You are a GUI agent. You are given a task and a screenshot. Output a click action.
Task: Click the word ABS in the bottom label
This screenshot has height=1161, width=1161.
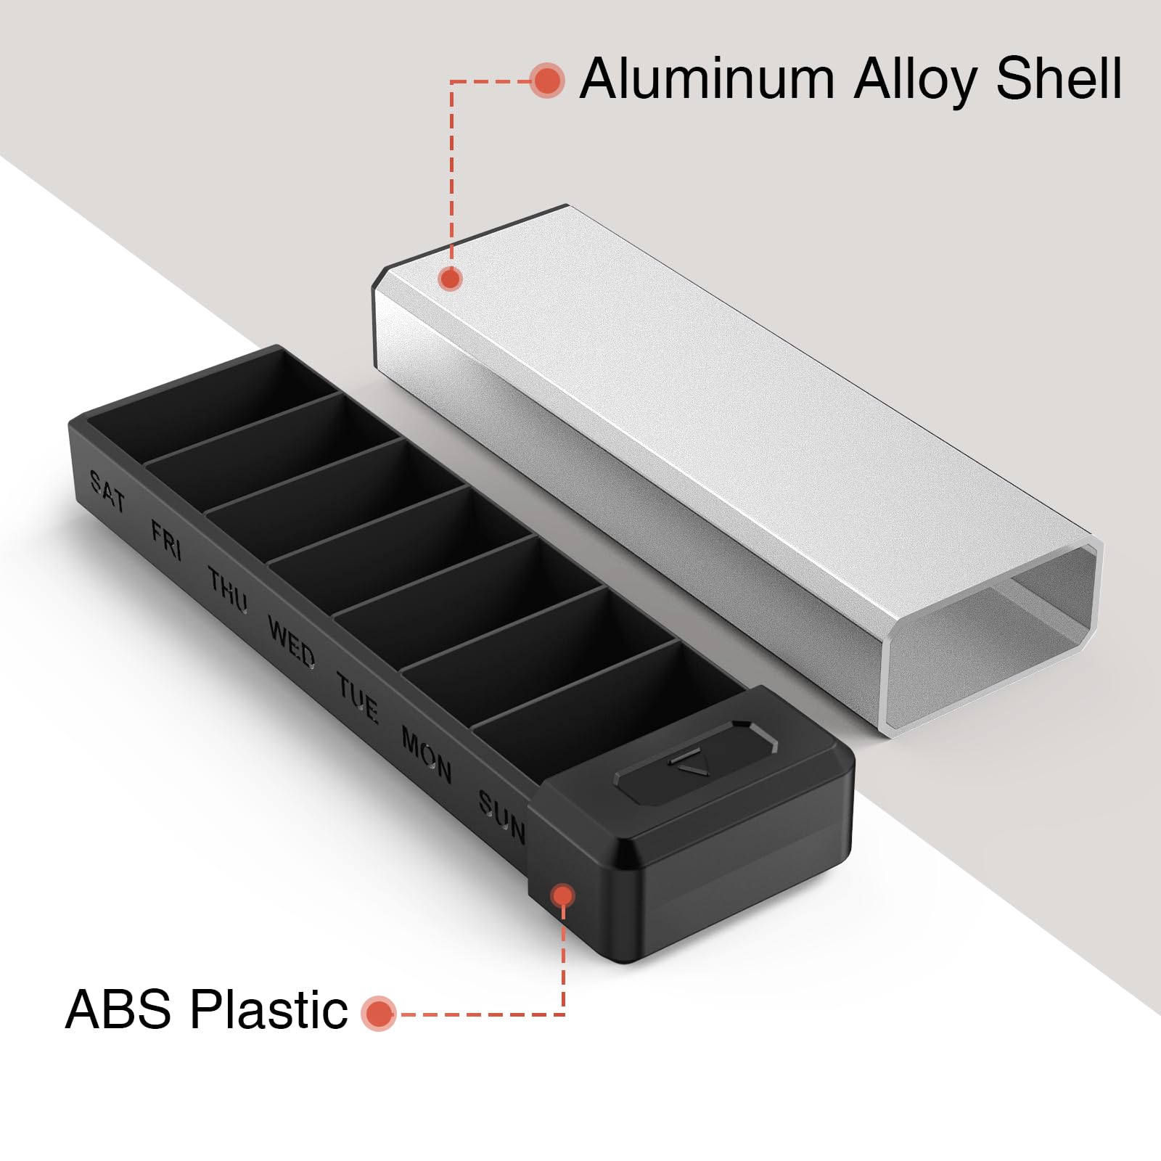[x=118, y=1009]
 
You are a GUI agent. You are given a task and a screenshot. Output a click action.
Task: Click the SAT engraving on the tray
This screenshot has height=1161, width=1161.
[x=107, y=491]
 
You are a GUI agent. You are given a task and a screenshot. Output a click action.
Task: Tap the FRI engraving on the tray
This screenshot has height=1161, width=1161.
[x=166, y=538]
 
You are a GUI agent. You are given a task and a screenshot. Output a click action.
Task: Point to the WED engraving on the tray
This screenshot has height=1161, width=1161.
[x=292, y=641]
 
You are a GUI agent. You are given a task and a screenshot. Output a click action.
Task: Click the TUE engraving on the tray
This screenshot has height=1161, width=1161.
[x=357, y=697]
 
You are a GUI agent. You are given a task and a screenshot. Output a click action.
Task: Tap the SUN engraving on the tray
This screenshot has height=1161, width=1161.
[x=501, y=816]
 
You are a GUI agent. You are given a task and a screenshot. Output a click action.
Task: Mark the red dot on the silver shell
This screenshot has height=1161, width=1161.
[x=451, y=279]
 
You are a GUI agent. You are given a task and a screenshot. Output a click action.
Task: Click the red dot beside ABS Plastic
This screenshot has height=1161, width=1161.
[x=379, y=1014]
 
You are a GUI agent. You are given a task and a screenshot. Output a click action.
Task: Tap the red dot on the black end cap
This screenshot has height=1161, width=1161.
[x=562, y=895]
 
